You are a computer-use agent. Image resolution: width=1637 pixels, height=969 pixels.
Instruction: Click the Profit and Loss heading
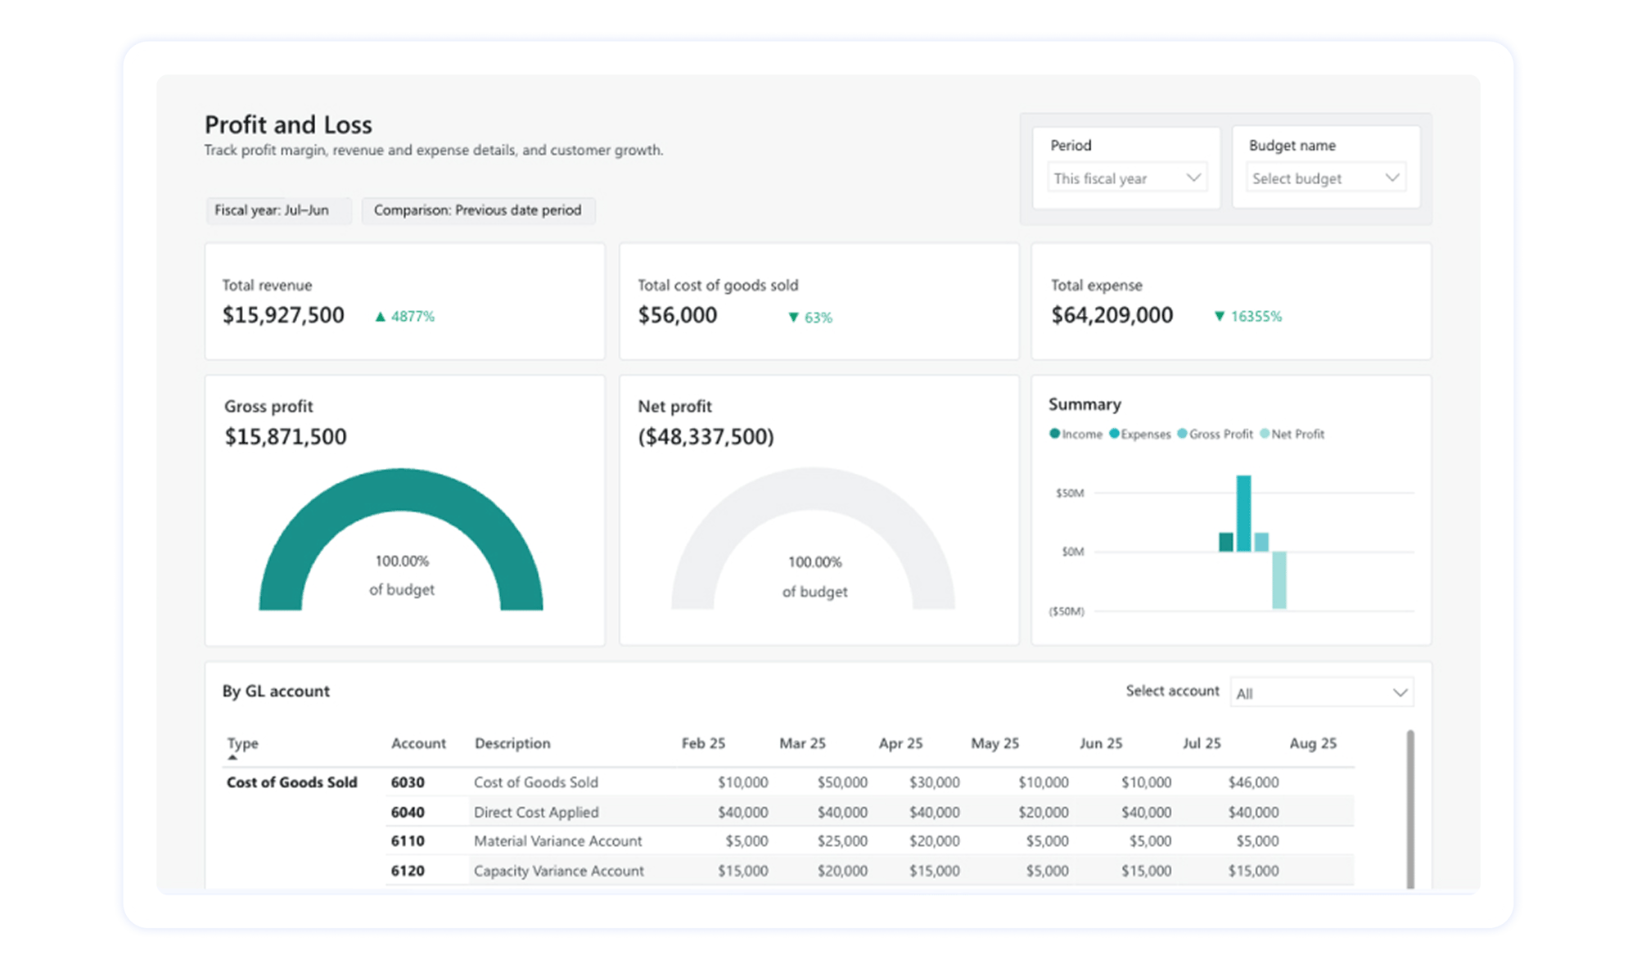288,124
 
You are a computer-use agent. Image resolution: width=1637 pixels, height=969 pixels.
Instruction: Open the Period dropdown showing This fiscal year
1126,178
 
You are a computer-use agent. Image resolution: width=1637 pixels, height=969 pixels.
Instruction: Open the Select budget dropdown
1325,178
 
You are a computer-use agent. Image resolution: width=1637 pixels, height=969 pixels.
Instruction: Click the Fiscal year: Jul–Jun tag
272,210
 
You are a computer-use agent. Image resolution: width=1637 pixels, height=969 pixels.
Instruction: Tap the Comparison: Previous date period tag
477,210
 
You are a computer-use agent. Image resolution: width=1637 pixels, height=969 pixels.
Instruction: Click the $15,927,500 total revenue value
283,315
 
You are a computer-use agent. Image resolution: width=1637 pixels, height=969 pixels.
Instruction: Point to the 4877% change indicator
405,317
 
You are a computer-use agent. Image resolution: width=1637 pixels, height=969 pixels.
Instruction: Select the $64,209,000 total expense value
1112,315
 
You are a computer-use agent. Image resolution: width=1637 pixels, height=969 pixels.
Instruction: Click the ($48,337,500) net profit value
706,436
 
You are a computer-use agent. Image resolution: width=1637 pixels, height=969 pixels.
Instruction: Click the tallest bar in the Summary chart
1243,513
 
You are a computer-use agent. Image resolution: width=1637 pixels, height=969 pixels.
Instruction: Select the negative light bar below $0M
1278,579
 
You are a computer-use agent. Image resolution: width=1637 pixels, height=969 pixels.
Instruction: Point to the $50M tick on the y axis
1069,493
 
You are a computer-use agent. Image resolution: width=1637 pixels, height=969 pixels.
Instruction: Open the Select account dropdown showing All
1321,693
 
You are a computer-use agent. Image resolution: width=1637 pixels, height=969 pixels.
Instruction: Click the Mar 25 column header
802,743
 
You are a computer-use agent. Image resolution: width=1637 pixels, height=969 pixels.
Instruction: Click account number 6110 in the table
408,841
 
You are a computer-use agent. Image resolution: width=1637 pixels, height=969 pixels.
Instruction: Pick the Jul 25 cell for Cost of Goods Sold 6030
1252,782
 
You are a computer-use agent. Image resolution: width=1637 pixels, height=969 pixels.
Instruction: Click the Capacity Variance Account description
558,871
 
